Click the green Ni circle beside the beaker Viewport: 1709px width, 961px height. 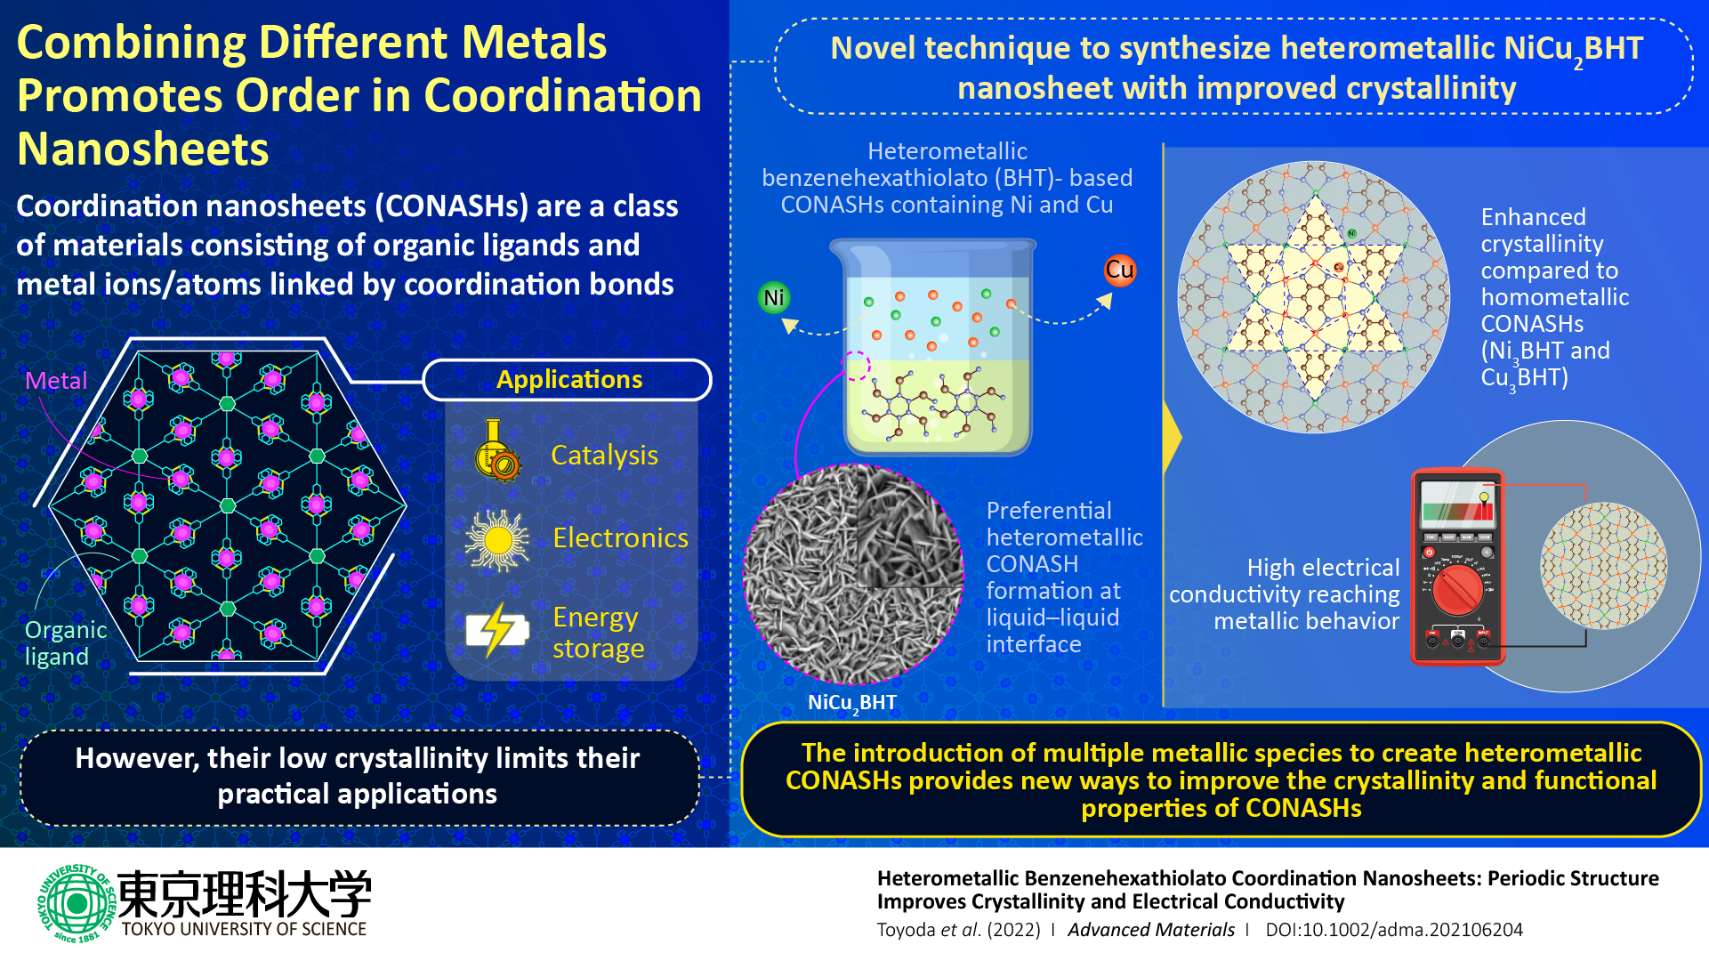tap(774, 298)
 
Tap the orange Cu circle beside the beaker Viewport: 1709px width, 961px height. tap(1119, 271)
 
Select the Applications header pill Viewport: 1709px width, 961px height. tap(568, 380)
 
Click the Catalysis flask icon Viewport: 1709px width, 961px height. tap(497, 452)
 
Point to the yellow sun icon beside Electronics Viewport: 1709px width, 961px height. tap(497, 539)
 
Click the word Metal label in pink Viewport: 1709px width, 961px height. tap(56, 381)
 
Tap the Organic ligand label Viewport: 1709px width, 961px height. tap(65, 642)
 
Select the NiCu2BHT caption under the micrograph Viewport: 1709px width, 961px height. tap(851, 703)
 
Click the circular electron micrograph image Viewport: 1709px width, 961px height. tap(852, 574)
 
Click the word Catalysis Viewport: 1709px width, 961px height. tap(604, 456)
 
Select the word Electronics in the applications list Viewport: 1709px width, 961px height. tap(620, 538)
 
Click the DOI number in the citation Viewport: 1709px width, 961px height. tap(1394, 930)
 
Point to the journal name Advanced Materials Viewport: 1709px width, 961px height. tap(1150, 930)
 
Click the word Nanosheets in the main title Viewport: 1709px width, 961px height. tap(142, 149)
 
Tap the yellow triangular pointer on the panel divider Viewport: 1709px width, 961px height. tap(1173, 437)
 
